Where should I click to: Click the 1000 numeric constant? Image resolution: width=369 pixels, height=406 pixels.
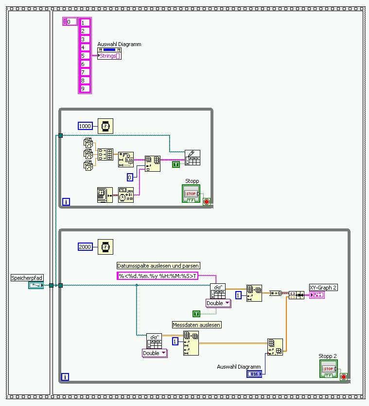pos(85,126)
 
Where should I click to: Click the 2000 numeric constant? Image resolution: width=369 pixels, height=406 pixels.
pos(85,247)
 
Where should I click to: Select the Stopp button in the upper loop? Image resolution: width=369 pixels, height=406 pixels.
pos(191,194)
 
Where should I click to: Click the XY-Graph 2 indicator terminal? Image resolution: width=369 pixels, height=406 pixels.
pos(316,295)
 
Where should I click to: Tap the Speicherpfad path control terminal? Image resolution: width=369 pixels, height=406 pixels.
pos(35,285)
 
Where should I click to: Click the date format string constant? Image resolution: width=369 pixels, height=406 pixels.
pos(158,276)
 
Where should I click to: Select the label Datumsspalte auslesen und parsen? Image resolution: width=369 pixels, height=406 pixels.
pos(158,265)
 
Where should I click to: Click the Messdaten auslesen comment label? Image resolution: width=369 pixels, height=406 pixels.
pos(197,325)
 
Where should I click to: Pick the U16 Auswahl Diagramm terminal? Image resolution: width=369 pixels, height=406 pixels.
pos(254,374)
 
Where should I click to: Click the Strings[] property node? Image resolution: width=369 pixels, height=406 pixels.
pos(109,56)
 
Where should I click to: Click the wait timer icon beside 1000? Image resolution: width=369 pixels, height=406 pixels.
pos(104,126)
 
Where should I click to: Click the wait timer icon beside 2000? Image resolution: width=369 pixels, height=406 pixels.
pos(104,247)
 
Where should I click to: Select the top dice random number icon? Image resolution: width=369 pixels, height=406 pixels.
pos(88,143)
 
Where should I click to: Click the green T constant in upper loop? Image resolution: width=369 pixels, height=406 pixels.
pos(175,165)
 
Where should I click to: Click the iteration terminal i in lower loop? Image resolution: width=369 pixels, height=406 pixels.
pos(66,376)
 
